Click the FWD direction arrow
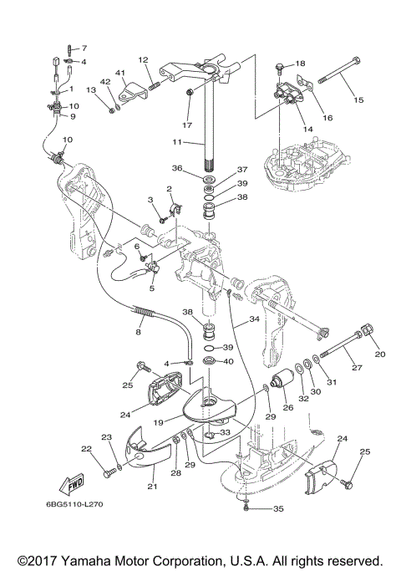71,484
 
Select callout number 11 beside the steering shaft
177,141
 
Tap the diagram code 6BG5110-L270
74,504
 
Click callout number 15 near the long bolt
358,99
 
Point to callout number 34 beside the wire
254,319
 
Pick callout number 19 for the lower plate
158,422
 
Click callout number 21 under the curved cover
152,486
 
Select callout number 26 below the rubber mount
288,407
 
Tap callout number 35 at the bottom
278,508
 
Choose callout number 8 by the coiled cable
139,332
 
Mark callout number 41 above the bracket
120,74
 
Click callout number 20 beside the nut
380,354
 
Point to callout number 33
226,432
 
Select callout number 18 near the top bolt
300,64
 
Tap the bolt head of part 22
106,474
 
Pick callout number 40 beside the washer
229,361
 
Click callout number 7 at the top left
84,48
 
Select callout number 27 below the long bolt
358,368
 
